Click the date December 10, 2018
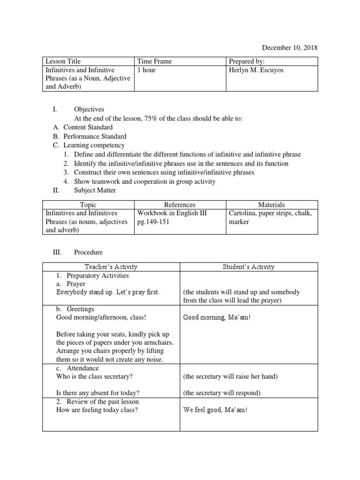coord(289,48)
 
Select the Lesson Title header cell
coord(63,61)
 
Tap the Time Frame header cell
coord(154,61)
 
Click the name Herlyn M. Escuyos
coord(257,70)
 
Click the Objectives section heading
coord(89,109)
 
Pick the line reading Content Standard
coord(88,127)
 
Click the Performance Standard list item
coord(95,136)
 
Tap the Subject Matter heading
coord(95,190)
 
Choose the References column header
coord(180,205)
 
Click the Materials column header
coord(271,205)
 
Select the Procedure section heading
coord(88,252)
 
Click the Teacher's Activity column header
coord(111,267)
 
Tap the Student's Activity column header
coord(248,267)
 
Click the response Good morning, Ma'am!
coord(217,318)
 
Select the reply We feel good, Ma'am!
coord(215,410)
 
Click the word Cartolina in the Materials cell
coord(242,213)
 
